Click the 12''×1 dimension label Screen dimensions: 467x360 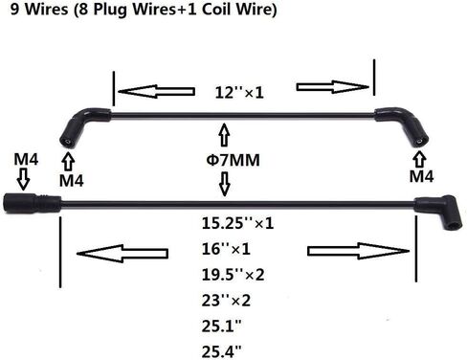click(x=239, y=93)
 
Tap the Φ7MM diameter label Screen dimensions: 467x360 click(x=233, y=160)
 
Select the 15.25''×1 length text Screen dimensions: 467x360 click(x=237, y=223)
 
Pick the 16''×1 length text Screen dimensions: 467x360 click(x=226, y=249)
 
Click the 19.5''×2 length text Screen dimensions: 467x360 click(x=233, y=275)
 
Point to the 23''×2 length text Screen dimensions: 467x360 click(x=226, y=301)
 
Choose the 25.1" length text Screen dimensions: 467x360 click(x=221, y=326)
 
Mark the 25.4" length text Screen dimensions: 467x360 click(x=221, y=351)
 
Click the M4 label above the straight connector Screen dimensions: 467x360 click(x=26, y=159)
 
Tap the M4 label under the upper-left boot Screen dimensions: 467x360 click(x=71, y=181)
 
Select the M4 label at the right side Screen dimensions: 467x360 click(x=421, y=176)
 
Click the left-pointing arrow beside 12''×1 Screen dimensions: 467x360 click(x=156, y=91)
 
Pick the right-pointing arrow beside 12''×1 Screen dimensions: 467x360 click(x=333, y=87)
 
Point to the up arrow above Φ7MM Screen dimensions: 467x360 click(x=224, y=135)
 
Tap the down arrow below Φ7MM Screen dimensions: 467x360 click(x=225, y=184)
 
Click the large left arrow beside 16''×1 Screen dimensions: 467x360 click(x=122, y=254)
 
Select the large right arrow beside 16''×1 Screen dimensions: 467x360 click(x=358, y=251)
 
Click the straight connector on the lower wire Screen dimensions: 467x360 click(x=32, y=203)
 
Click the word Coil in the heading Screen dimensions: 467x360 click(x=217, y=9)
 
